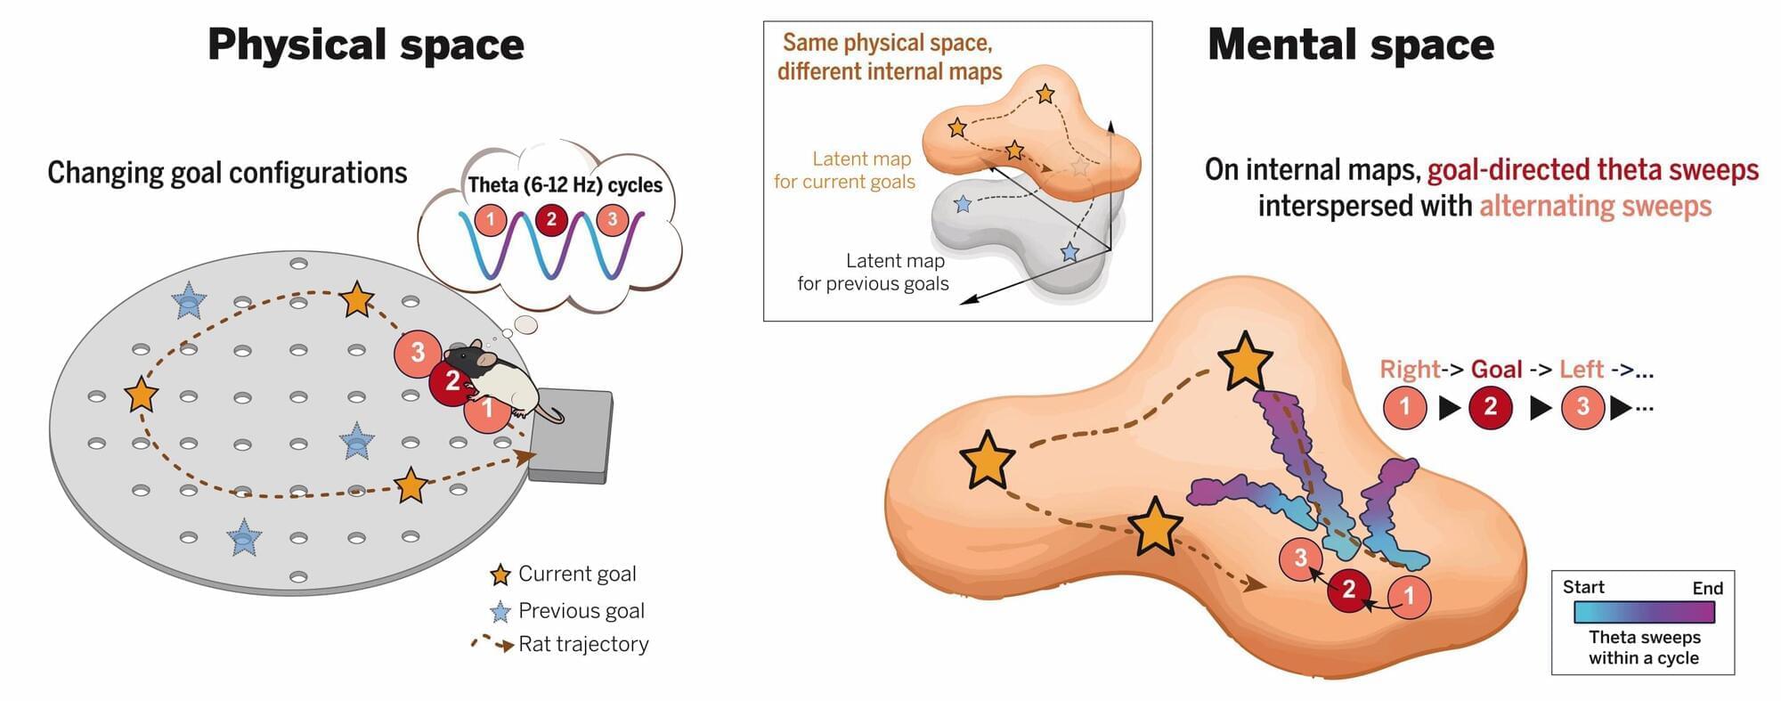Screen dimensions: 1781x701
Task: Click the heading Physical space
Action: (366, 45)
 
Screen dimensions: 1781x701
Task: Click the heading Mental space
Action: (1351, 45)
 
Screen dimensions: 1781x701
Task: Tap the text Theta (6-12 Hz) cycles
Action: (565, 184)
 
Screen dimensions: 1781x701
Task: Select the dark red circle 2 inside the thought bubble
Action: (551, 219)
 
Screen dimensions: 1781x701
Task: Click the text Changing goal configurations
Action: (227, 172)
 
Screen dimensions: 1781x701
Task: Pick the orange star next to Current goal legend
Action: (500, 575)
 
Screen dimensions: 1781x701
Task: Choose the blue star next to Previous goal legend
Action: (500, 612)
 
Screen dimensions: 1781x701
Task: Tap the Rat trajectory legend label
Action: (583, 644)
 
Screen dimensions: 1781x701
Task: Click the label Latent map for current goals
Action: (844, 170)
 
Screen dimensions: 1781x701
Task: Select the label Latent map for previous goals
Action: (873, 272)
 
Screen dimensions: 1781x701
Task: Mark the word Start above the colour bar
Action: (1583, 587)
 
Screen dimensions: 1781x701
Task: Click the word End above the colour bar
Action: (1707, 588)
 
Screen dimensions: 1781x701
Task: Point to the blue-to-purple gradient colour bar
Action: (1644, 612)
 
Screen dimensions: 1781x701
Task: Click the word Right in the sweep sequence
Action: (1410, 369)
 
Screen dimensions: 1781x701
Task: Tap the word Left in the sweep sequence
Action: (1582, 369)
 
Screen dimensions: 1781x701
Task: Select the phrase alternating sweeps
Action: (1596, 206)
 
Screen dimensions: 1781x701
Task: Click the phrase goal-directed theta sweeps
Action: (1593, 170)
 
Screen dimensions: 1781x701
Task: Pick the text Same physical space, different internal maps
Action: (889, 57)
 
